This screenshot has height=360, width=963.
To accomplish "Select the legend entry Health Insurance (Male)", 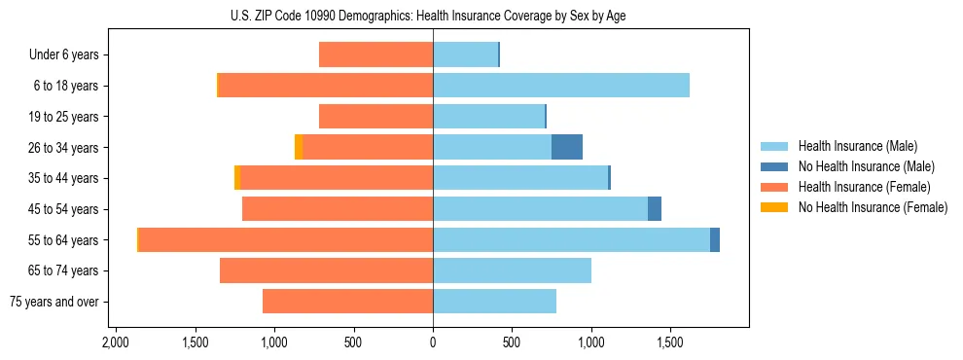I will point(857,146).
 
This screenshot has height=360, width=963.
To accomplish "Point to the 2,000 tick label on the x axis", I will point(116,343).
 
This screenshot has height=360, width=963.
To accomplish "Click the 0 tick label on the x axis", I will point(433,343).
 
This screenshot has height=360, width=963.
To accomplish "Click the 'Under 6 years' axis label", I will point(64,55).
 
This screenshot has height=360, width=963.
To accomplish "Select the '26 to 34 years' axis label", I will point(63,148).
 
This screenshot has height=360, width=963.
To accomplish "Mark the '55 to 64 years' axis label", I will point(63,240).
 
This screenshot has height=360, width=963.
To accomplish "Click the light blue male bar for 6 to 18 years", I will point(561,86).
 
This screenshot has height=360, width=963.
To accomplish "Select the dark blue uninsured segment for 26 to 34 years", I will point(567,147).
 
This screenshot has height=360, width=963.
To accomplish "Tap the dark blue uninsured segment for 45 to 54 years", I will point(655,209).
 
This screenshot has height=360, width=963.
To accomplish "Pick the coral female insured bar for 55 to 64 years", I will point(286,240).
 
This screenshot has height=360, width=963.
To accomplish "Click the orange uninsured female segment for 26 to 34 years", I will point(299,147).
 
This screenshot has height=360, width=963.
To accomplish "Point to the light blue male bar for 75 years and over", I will point(494,302).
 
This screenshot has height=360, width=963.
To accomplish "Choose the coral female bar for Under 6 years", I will point(375,55).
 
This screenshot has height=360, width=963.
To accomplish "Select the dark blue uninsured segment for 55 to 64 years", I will point(715,240).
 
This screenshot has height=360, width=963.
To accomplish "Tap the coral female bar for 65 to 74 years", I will point(326,270).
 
